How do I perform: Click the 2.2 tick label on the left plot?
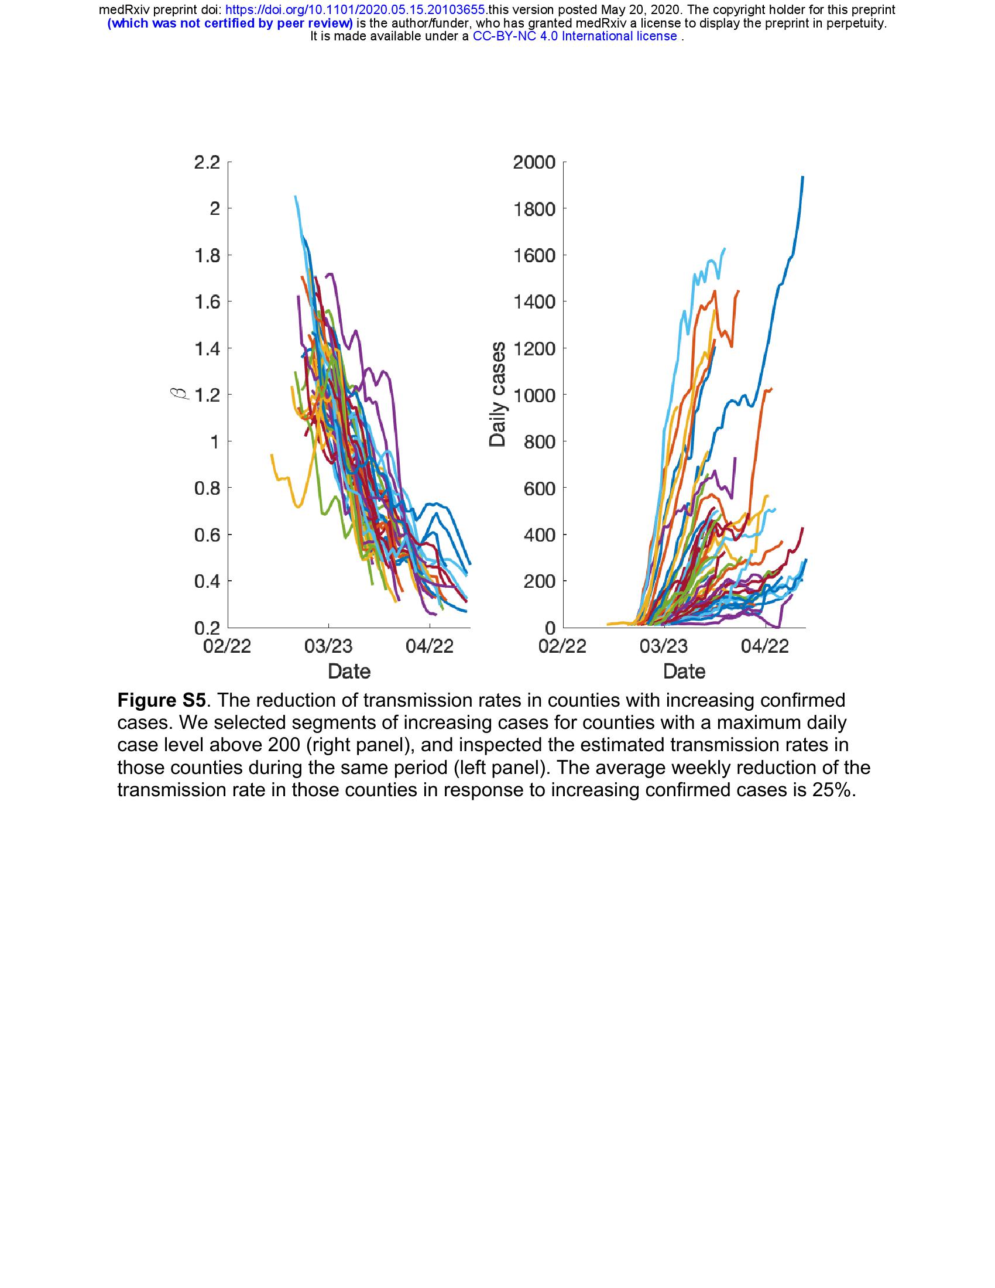pyautogui.click(x=206, y=162)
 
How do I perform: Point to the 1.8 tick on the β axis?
pyautogui.click(x=206, y=255)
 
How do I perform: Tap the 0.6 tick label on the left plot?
pyautogui.click(x=206, y=535)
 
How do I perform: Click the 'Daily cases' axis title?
pyautogui.click(x=498, y=394)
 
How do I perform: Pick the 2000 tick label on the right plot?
pyautogui.click(x=534, y=162)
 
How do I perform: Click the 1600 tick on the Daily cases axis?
pyautogui.click(x=534, y=255)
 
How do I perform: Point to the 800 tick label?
pyautogui.click(x=540, y=441)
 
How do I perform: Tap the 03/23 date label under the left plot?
pyautogui.click(x=328, y=646)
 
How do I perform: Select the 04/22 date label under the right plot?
pyautogui.click(x=764, y=646)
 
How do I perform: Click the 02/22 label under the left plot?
pyautogui.click(x=227, y=646)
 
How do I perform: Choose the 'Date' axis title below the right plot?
pyautogui.click(x=684, y=671)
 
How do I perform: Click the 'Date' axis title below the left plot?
pyautogui.click(x=349, y=671)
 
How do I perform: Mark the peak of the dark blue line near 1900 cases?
pyautogui.click(x=803, y=176)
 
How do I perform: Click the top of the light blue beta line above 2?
pyautogui.click(x=296, y=196)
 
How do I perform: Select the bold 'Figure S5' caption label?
pyautogui.click(x=162, y=701)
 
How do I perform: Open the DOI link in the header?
pyautogui.click(x=356, y=10)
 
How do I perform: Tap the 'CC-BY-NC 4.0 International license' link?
pyautogui.click(x=575, y=36)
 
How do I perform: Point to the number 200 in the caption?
pyautogui.click(x=283, y=745)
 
